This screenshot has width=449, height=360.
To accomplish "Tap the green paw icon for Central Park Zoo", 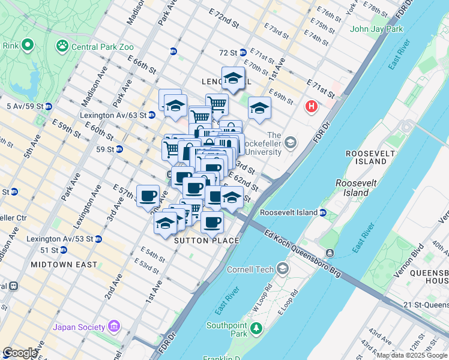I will pyautogui.click(x=62, y=45).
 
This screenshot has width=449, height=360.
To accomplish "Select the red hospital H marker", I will pyautogui.click(x=311, y=107).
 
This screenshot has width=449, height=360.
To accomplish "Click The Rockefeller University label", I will pyautogui.click(x=274, y=143).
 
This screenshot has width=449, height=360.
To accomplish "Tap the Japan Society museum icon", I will pyautogui.click(x=114, y=327).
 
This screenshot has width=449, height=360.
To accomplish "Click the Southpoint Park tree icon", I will pyautogui.click(x=256, y=328).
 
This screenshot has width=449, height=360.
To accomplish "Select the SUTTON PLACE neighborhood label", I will pyautogui.click(x=206, y=241).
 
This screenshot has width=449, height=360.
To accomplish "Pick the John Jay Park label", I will pyautogui.click(x=376, y=29).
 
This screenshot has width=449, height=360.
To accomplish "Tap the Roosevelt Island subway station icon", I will pyautogui.click(x=323, y=212).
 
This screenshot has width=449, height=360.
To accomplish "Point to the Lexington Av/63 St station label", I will pyautogui.click(x=113, y=115).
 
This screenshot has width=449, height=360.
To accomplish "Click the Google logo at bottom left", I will pyautogui.click(x=19, y=353).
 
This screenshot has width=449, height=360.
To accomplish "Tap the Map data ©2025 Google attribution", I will pyautogui.click(x=412, y=355).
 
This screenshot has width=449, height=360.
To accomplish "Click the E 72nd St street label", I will pyautogui.click(x=224, y=20).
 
